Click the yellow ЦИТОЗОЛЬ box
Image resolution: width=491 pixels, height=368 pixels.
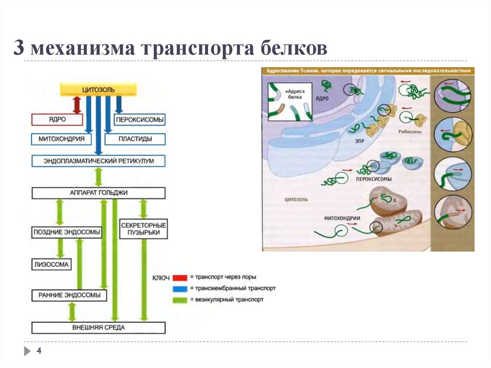[98, 90]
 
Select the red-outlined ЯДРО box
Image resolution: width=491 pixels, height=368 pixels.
[57, 119]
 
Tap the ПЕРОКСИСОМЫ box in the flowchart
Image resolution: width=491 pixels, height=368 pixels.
[139, 119]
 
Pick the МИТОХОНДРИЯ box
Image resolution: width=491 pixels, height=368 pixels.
[61, 139]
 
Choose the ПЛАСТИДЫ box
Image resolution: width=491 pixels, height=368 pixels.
[135, 139]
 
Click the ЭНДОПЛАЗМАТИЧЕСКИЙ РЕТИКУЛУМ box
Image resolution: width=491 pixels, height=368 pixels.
[98, 161]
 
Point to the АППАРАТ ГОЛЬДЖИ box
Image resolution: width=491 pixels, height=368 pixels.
[98, 193]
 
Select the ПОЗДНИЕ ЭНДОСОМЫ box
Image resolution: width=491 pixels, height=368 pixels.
[67, 232]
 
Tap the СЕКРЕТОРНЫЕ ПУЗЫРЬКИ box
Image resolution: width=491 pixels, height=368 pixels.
[143, 229]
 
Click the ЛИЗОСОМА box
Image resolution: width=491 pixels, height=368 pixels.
[52, 264]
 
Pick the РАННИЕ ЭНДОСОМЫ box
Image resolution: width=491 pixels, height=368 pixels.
[69, 296]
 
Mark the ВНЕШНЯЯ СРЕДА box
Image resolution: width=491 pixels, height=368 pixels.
[98, 328]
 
